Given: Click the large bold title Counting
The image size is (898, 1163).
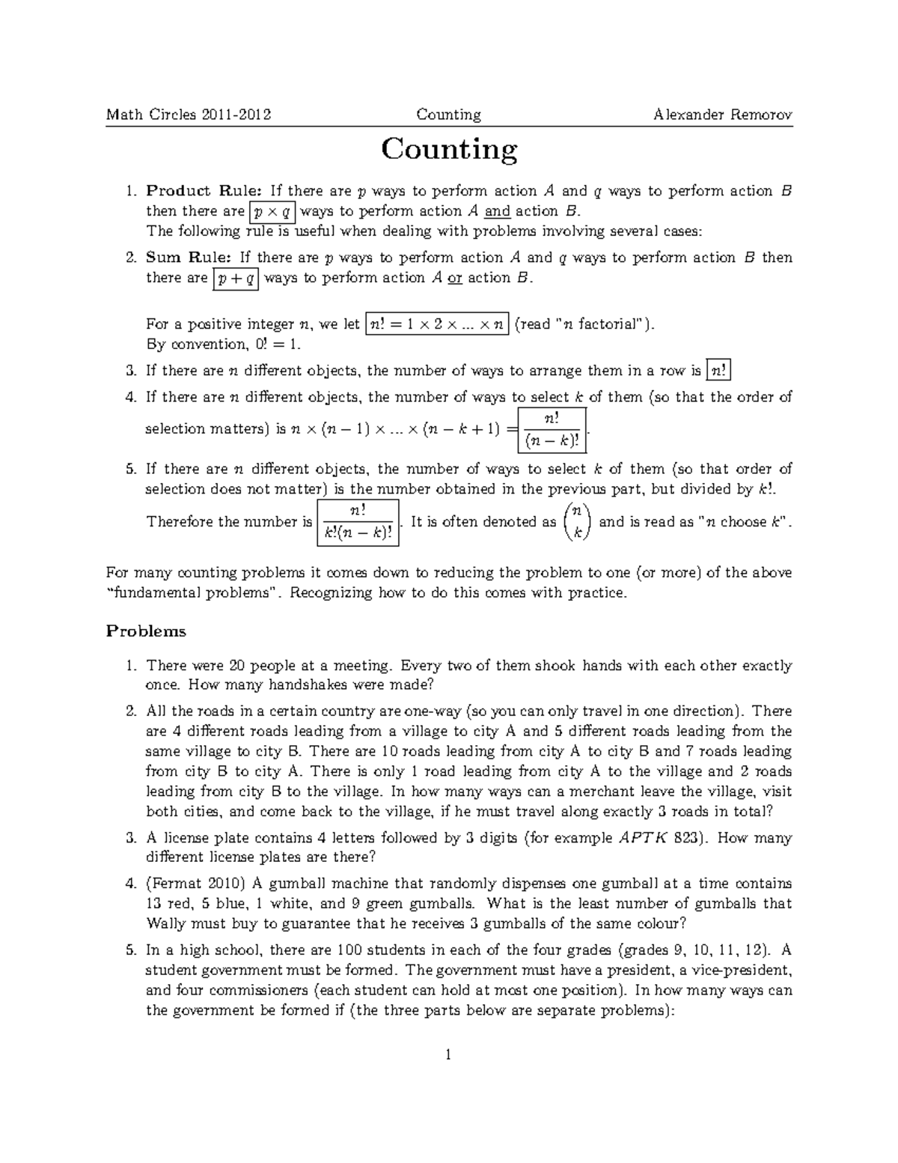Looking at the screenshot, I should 449,149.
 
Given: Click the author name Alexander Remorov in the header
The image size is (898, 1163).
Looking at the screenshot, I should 722,115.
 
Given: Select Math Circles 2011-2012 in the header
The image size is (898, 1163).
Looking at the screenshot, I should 189,115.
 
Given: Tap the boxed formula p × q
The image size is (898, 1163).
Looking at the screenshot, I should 272,211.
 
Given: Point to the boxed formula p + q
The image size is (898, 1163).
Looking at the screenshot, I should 235,279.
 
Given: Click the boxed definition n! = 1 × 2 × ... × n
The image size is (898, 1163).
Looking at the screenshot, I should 437,324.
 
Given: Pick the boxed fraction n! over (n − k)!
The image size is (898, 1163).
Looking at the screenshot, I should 552,431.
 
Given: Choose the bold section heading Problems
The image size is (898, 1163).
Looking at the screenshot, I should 146,631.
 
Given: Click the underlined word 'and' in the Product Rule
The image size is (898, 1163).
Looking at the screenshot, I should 498,211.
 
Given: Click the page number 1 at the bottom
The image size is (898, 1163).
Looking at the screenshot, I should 448,1056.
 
